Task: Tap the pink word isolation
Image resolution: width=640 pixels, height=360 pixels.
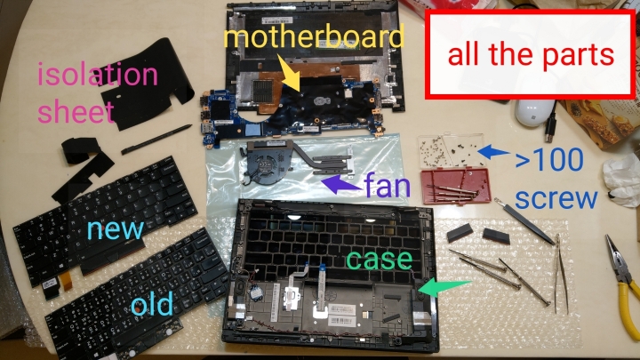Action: (97, 75)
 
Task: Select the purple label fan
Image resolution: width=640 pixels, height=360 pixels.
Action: (388, 186)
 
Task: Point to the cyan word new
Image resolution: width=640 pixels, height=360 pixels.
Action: (115, 228)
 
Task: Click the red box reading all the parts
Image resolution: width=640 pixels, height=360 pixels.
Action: (530, 55)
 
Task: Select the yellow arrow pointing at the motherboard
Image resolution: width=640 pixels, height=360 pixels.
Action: (290, 74)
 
